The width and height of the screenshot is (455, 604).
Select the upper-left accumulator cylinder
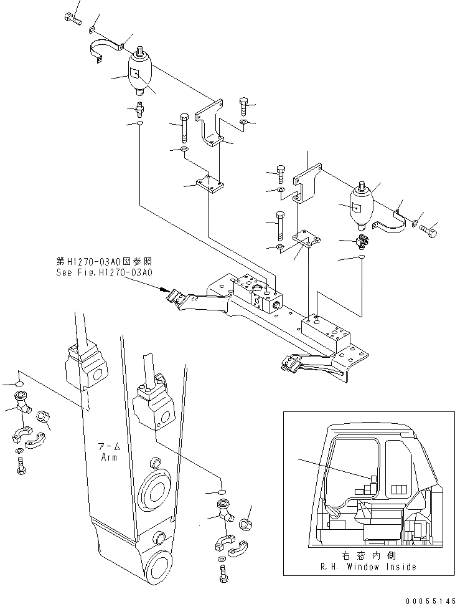tap(141, 72)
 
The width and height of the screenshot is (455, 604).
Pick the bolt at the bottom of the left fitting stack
tap(22, 464)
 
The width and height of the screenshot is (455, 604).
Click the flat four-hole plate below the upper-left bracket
tap(210, 185)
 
